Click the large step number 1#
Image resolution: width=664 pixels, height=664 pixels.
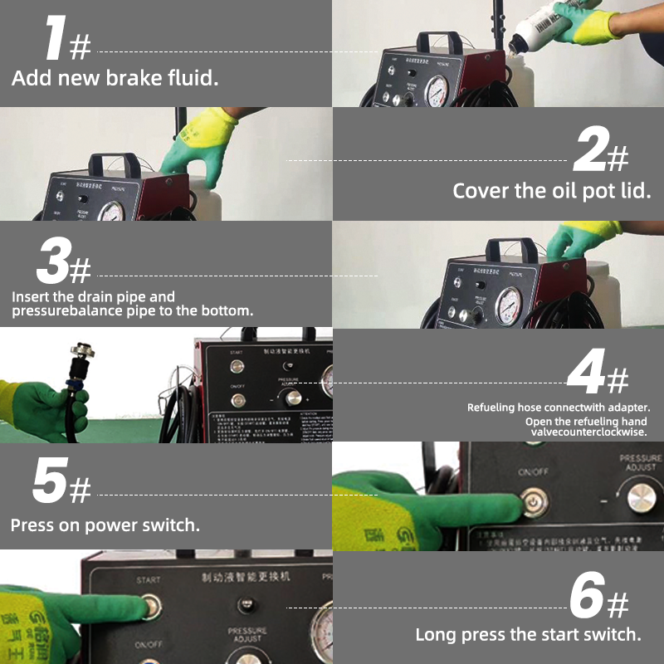pos(66,40)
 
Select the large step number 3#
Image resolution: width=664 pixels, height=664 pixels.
pos(63,261)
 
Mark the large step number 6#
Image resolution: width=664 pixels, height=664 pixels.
pos(598,598)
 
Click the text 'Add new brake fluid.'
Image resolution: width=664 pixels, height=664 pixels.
pos(115,80)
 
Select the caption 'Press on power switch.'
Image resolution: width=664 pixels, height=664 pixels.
pos(105,525)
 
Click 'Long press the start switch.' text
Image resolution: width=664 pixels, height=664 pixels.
pos(528,635)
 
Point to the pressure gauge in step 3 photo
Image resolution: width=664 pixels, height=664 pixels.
pos(508,305)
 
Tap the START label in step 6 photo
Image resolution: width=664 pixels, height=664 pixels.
pos(148,579)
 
